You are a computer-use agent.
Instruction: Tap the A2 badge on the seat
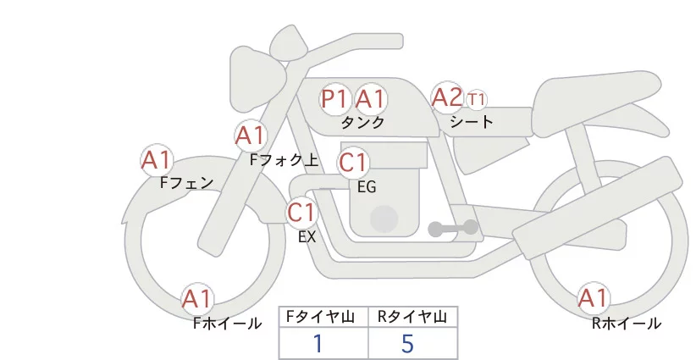pos(447,98)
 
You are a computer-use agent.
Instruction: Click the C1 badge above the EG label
pos(353,162)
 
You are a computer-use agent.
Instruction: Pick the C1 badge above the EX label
pos(301,212)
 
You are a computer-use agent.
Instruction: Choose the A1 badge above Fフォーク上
pos(251,136)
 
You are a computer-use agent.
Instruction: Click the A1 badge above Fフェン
pos(157,160)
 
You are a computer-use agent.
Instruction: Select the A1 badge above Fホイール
pos(198,299)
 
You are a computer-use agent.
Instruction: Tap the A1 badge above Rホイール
pos(593,298)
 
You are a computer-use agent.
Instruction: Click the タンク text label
pos(363,123)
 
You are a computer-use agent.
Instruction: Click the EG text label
pos(367,186)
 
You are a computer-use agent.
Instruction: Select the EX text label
pos(307,237)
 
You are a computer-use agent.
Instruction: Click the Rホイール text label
pos(627,324)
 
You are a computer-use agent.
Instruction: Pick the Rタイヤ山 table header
pos(412,317)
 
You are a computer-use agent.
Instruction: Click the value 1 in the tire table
pos(318,343)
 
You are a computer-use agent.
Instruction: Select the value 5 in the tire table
pos(407,343)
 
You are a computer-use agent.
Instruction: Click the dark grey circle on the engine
pos(385,219)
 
